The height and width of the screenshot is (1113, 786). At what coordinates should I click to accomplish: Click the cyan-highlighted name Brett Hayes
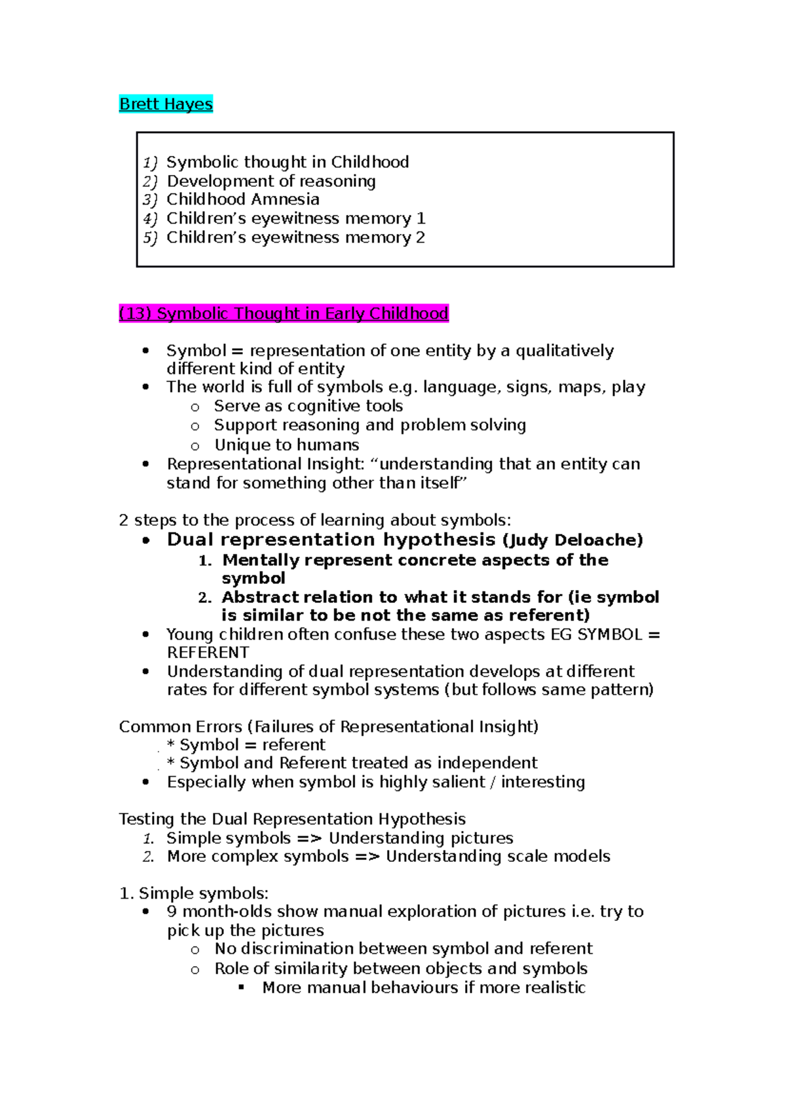[x=166, y=104]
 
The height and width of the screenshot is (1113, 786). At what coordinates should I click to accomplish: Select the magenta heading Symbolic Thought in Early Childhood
[x=284, y=314]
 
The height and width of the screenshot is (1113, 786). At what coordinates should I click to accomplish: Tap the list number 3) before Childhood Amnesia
[x=150, y=200]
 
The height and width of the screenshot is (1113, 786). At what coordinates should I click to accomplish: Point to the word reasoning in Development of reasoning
[x=337, y=182]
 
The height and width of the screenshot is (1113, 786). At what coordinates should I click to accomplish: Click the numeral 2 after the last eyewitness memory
[x=421, y=237]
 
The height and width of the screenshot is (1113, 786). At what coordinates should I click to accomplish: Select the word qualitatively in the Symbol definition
[x=565, y=351]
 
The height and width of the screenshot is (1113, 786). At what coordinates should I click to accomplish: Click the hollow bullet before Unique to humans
[x=195, y=446]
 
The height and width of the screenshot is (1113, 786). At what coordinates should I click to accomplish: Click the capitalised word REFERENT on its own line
[x=208, y=653]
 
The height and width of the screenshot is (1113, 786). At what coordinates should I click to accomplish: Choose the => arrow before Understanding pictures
[x=309, y=838]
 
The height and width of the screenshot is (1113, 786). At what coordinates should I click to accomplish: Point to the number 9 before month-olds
[x=172, y=912]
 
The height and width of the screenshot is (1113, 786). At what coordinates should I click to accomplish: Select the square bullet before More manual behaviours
[x=242, y=987]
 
